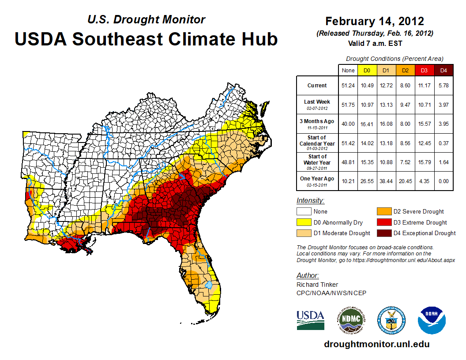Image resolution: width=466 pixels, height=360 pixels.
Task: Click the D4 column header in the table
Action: [443, 70]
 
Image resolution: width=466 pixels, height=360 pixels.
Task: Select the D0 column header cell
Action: [366, 70]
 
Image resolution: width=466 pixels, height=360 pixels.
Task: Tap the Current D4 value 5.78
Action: [443, 86]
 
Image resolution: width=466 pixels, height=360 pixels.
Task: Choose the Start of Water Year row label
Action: [317, 159]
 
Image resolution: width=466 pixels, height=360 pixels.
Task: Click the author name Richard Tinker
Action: [317, 285]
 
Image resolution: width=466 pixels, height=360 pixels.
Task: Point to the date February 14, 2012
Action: [374, 21]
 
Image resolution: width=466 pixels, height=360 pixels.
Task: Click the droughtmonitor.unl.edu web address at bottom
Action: [376, 344]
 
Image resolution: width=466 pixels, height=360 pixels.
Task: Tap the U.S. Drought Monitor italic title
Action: [146, 19]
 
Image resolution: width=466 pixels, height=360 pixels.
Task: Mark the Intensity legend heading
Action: [310, 200]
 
